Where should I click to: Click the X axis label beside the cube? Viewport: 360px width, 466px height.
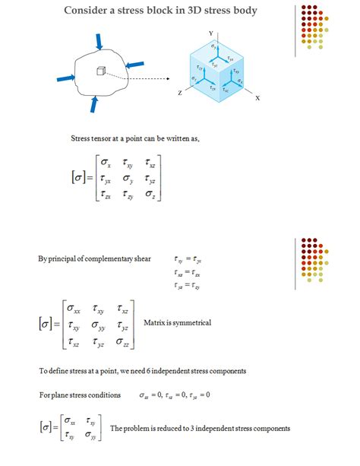(x=257, y=99)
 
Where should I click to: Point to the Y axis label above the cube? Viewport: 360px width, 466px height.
(x=210, y=33)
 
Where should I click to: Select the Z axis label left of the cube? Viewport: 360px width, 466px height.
(x=179, y=92)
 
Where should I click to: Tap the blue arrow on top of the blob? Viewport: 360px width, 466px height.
(x=98, y=41)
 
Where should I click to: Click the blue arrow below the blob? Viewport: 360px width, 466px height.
(x=93, y=103)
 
